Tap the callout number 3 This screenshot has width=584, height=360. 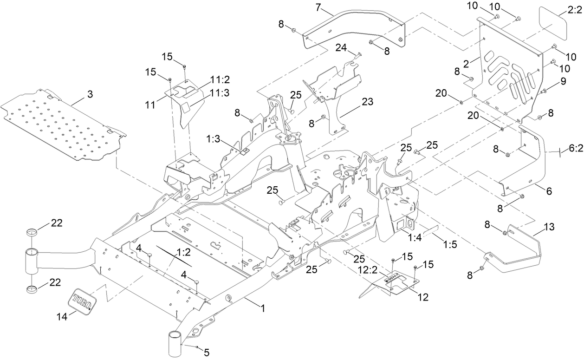(90, 94)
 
